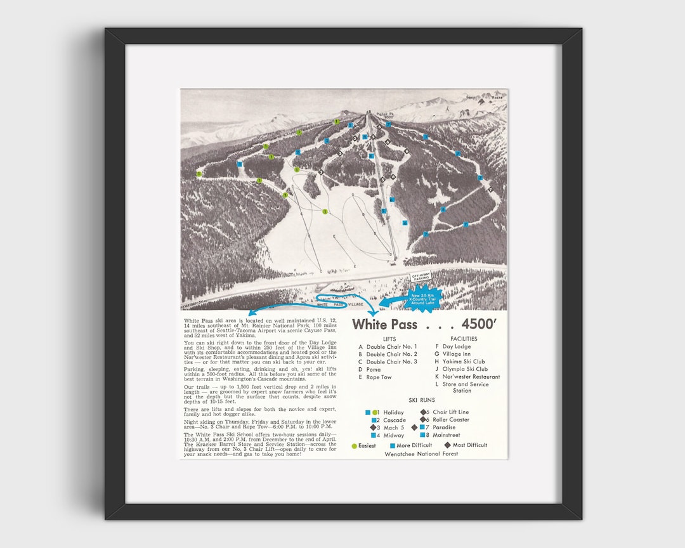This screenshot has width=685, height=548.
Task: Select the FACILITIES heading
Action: [x=464, y=339]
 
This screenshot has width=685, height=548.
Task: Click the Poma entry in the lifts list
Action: [x=374, y=369]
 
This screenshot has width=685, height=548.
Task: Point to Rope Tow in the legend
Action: [x=379, y=377]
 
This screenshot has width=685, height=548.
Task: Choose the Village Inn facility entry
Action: [x=457, y=354]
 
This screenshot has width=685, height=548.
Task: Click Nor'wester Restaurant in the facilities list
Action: [x=471, y=377]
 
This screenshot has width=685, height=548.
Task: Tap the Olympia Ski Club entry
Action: [x=465, y=369]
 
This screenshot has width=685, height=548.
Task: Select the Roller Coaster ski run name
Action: [x=451, y=420]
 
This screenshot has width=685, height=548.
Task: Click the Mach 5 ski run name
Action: [x=395, y=427]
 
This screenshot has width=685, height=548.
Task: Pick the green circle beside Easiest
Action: [x=354, y=446]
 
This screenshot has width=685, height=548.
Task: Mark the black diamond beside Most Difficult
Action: [x=447, y=445]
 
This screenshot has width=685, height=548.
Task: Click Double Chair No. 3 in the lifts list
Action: [x=391, y=362]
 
